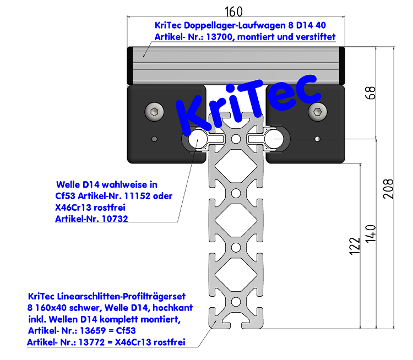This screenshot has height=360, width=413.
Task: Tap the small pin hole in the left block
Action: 155,138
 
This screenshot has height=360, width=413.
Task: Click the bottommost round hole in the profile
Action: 235,301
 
